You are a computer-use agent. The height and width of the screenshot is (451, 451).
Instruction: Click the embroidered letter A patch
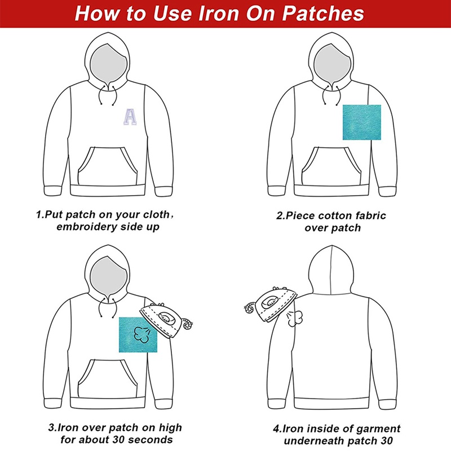(130, 117)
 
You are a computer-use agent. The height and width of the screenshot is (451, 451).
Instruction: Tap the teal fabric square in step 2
(362, 122)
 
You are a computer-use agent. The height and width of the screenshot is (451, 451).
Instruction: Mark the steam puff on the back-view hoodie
(294, 318)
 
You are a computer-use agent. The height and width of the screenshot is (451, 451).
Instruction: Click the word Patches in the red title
(322, 13)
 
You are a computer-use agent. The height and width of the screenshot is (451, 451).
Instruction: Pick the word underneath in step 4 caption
(312, 441)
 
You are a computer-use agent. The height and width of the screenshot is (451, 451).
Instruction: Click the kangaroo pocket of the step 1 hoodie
(108, 166)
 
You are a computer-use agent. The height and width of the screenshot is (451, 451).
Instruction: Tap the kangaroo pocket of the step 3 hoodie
(108, 378)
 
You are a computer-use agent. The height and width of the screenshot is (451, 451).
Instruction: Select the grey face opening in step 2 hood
(332, 64)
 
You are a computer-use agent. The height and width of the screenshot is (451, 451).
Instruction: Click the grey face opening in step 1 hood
(108, 64)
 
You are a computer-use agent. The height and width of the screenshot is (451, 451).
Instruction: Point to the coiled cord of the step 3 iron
(188, 324)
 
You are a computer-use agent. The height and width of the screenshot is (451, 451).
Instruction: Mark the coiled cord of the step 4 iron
(249, 308)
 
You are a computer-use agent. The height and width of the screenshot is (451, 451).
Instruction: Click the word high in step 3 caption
(170, 428)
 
